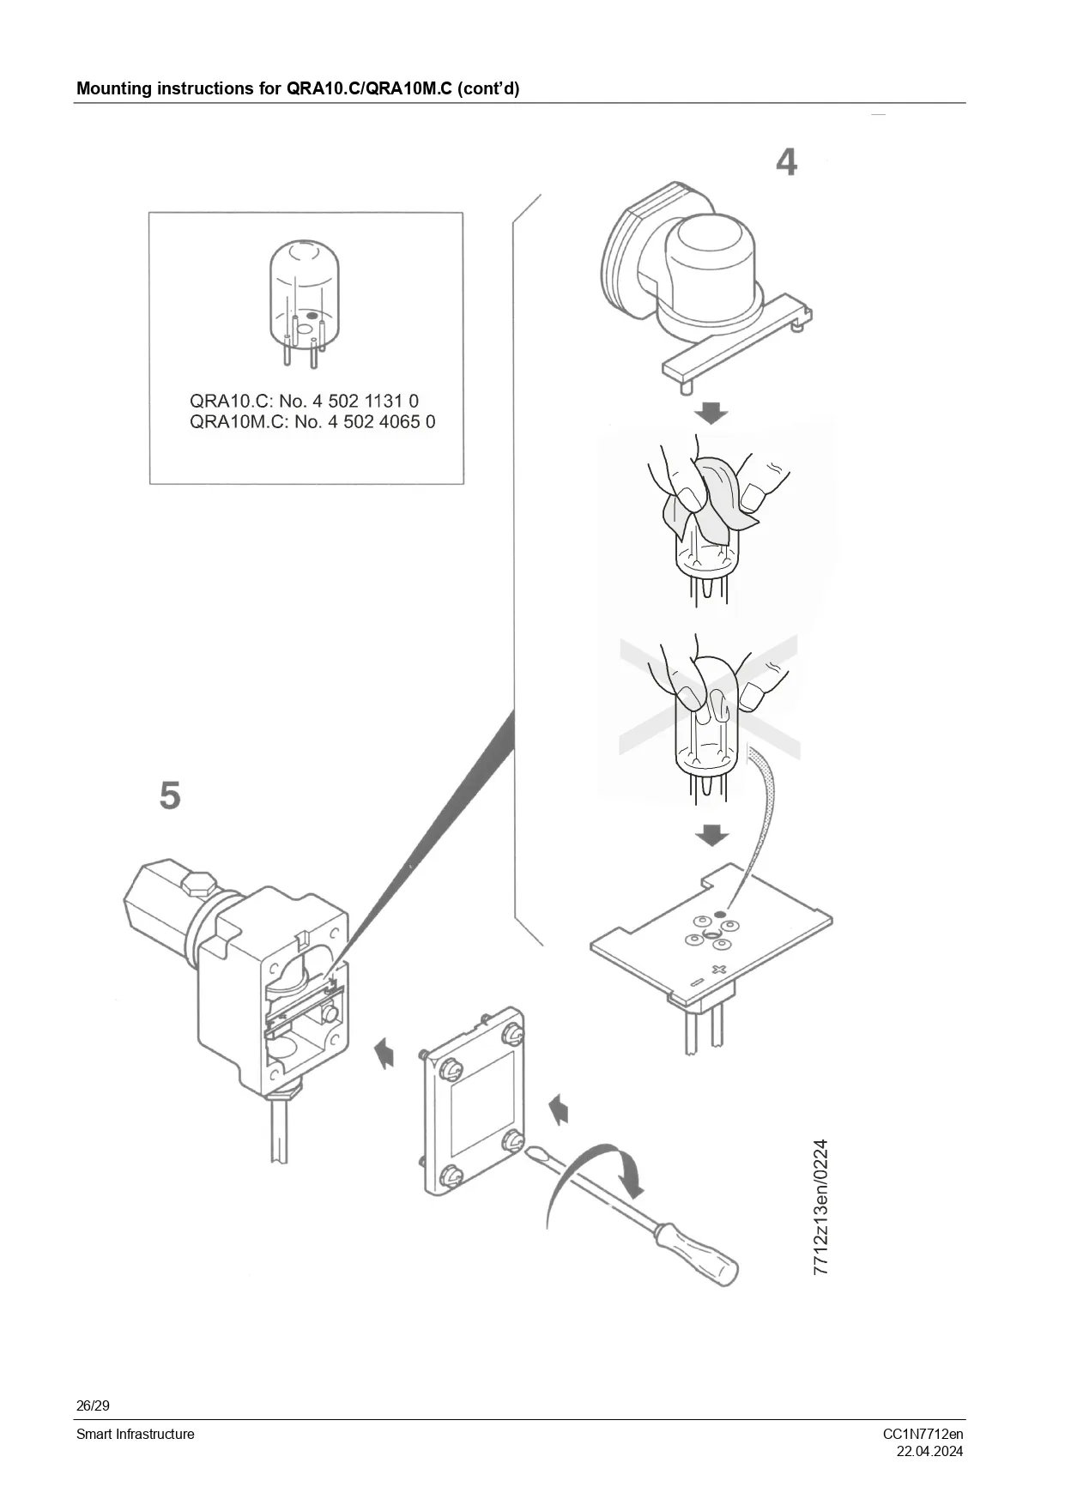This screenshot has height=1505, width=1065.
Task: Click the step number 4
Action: click(x=786, y=162)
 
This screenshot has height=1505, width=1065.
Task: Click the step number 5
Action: click(x=170, y=795)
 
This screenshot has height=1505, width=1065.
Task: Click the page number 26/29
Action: click(x=93, y=1405)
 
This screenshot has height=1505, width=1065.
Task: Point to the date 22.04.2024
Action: click(x=929, y=1452)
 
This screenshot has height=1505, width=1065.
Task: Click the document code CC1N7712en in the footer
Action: click(x=923, y=1434)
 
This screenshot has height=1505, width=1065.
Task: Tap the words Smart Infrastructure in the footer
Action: click(x=136, y=1434)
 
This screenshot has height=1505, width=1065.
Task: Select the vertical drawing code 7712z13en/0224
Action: click(x=821, y=1206)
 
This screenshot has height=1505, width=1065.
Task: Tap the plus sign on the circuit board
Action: click(x=718, y=970)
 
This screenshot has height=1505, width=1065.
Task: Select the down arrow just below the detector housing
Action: click(x=711, y=413)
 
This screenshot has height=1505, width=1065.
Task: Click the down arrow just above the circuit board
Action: click(x=711, y=835)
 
